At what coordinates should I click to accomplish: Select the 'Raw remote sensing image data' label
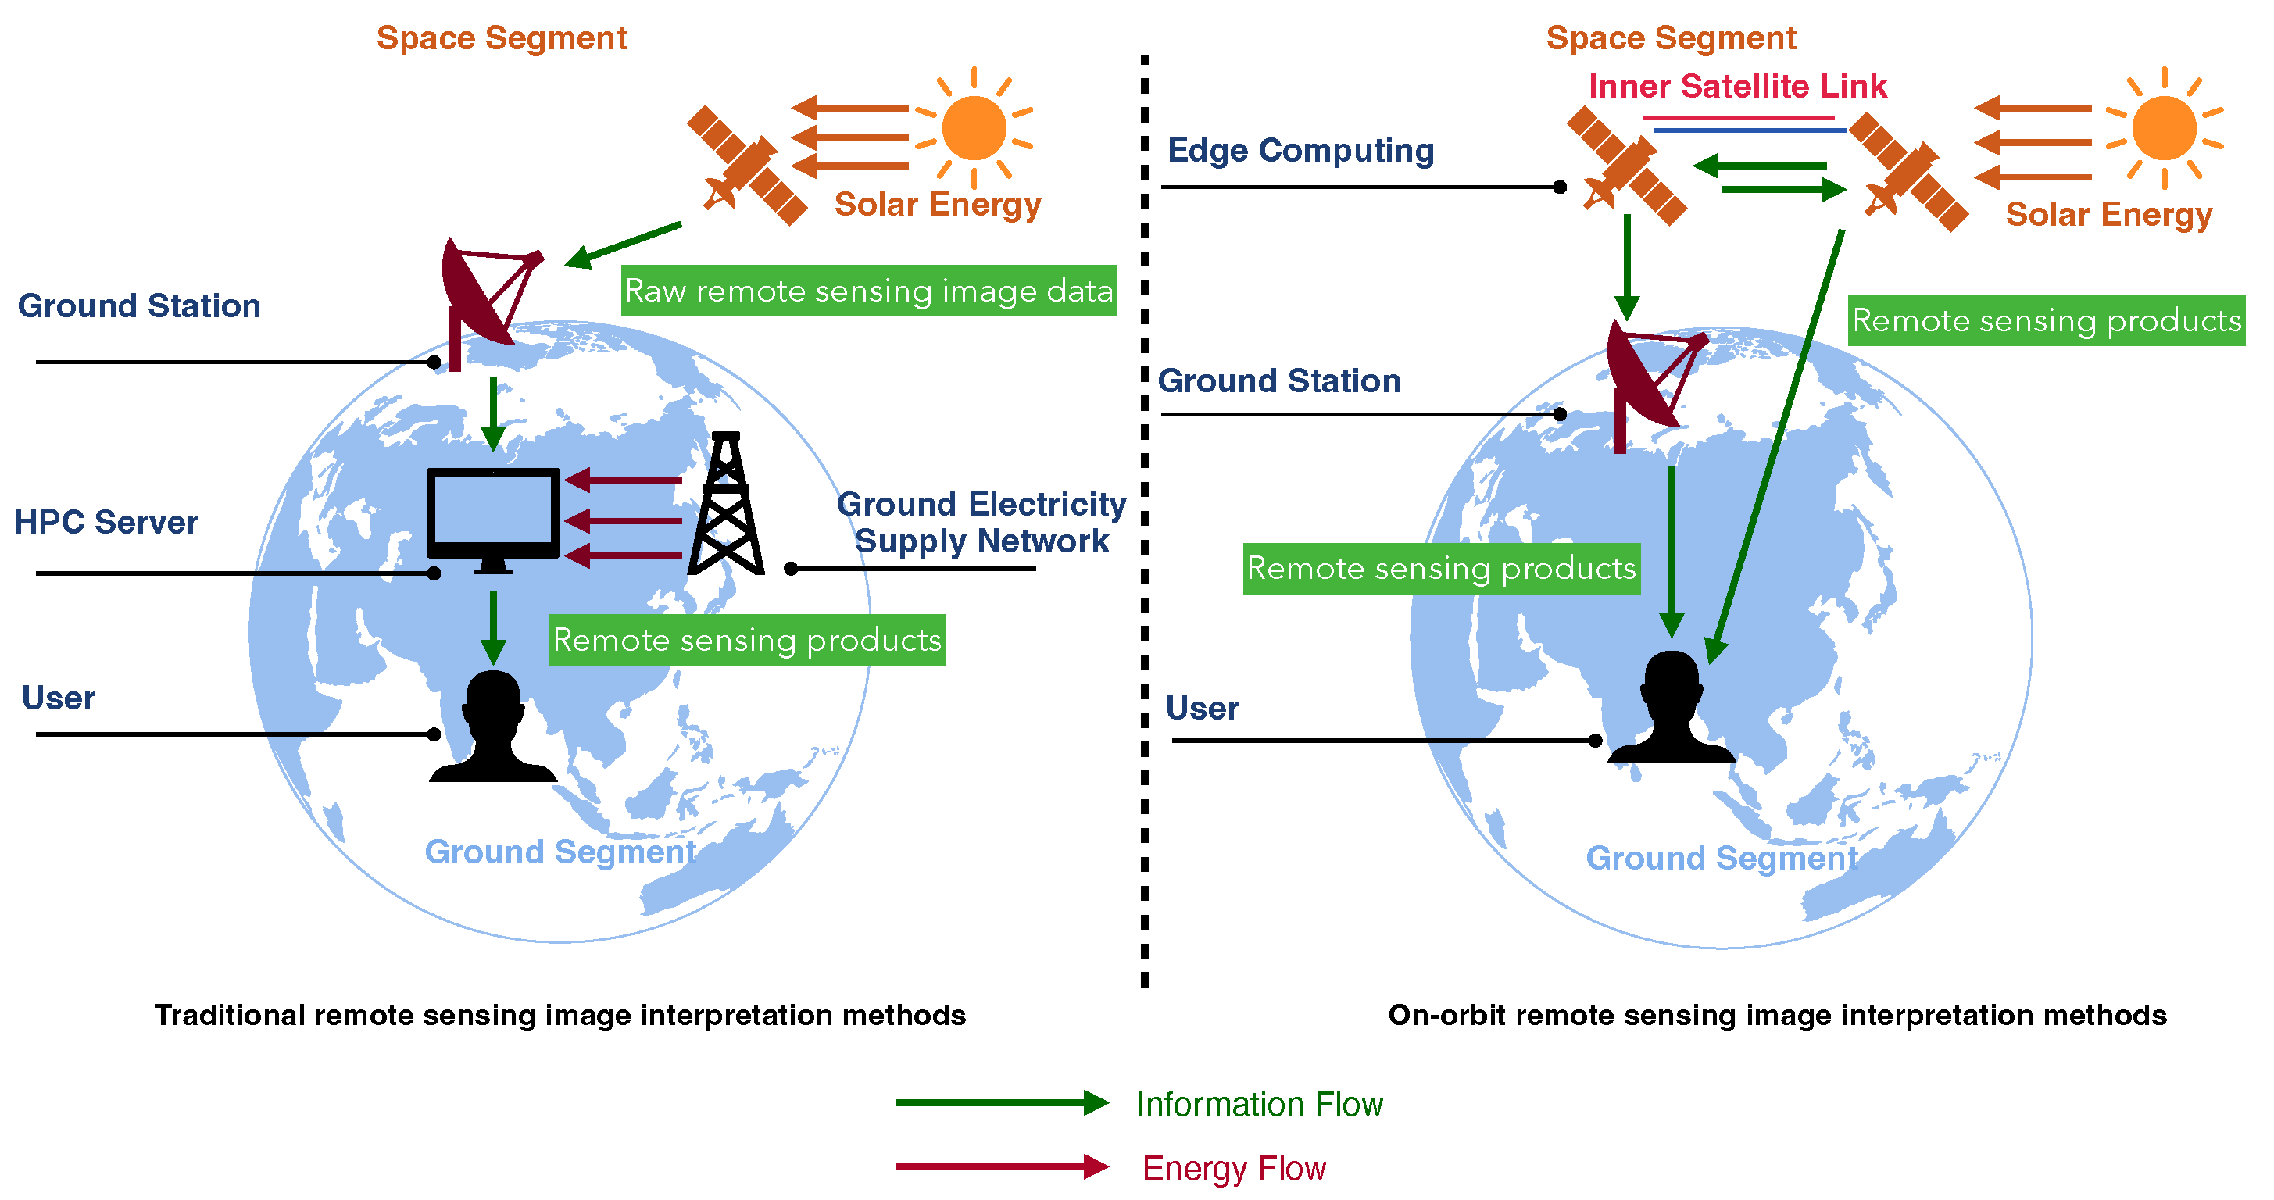(869, 291)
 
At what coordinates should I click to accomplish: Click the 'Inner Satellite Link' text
(1736, 87)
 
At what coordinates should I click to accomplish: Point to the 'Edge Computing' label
(1300, 151)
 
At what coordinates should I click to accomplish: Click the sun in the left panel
(974, 128)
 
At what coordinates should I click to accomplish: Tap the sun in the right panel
(2164, 128)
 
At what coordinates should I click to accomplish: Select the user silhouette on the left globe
(492, 729)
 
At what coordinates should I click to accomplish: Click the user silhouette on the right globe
(1670, 709)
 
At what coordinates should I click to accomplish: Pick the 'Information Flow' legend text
(1259, 1105)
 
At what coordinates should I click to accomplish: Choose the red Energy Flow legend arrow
(1001, 1166)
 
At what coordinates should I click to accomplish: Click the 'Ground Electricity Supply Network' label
(981, 523)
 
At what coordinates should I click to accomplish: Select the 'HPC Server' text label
(107, 523)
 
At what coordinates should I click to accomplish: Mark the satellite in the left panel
(747, 166)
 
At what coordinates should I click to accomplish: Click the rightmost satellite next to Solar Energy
(1908, 173)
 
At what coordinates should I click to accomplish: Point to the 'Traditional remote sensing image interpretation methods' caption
(560, 1015)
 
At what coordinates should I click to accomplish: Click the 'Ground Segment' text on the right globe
(1722, 858)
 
